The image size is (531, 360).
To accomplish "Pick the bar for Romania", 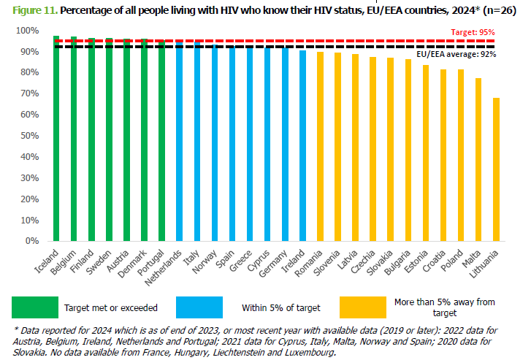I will point(320,146).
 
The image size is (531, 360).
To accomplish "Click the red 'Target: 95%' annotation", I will point(474,32).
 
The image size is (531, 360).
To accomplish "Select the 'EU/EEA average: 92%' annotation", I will point(456,55).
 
